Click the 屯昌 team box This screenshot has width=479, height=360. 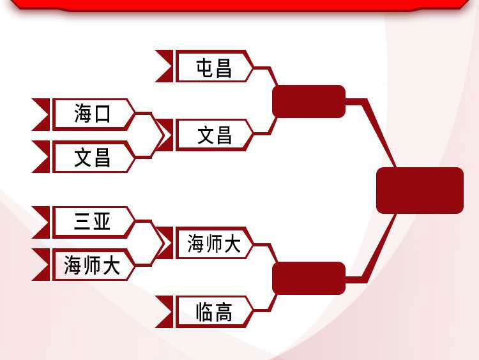click(x=215, y=66)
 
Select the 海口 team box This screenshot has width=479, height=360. click(x=93, y=114)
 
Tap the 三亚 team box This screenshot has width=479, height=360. click(x=93, y=222)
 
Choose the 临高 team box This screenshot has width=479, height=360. click(x=215, y=311)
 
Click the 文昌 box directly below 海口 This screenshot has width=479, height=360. click(x=93, y=156)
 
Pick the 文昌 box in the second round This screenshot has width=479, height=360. click(x=215, y=135)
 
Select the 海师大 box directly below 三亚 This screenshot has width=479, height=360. click(x=93, y=264)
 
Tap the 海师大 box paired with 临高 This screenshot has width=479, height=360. click(x=215, y=243)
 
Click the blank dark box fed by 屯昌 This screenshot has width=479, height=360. click(x=309, y=101)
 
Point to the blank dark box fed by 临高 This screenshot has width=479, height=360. click(x=309, y=278)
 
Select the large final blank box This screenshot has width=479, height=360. click(x=420, y=190)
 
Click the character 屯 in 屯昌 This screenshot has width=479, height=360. click(x=204, y=68)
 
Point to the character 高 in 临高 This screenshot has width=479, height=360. click(x=224, y=312)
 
